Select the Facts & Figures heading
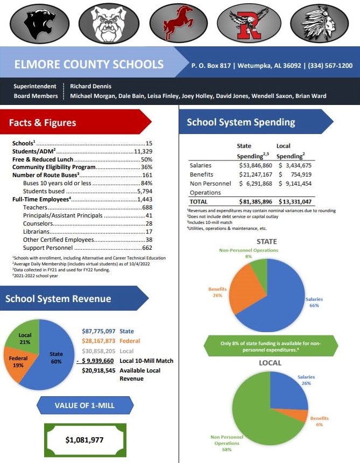43,123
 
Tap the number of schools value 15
149,144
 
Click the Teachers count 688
147,208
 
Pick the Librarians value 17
149,232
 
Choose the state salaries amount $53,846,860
256,165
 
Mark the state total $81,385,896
256,202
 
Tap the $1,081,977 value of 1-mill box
85,440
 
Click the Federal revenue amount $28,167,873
98,341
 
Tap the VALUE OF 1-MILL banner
84,405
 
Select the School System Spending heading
241,122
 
